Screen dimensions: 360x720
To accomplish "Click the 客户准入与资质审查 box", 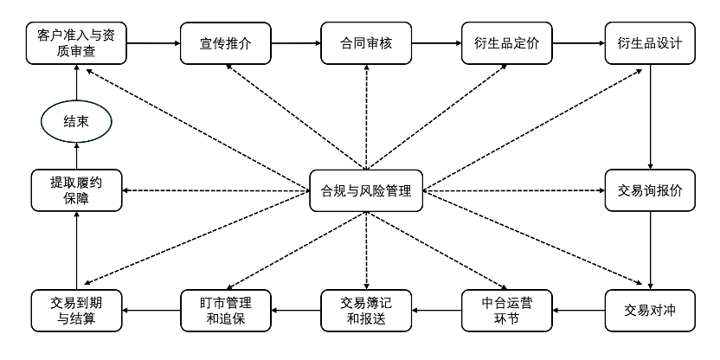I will coord(76,44).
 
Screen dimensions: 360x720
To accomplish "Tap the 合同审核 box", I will coord(367,44).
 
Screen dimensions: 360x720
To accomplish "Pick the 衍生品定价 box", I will coord(507,44).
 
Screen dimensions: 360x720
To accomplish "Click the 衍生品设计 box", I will coord(650,44).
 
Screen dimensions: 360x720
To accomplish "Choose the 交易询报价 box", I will coord(650,191).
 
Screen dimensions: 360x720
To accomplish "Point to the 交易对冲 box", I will coord(650,309).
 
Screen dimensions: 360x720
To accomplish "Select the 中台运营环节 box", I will coord(507,309).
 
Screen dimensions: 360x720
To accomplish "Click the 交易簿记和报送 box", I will coord(367,309).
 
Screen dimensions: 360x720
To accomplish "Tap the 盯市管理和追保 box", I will coord(225,309).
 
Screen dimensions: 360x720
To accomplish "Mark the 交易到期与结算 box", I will coord(76,309).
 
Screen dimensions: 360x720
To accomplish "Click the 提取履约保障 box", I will coord(76,191).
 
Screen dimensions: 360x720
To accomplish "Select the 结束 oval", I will coord(76,122).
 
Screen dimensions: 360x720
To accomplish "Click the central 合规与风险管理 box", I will coord(367,191).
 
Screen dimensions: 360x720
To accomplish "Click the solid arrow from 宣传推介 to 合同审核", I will coord(295,42).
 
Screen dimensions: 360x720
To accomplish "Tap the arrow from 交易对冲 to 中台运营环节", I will coord(578,309).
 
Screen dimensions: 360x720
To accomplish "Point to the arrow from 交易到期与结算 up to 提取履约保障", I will coord(76,250).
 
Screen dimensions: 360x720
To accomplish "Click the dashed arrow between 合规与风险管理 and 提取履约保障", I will coord(216,191).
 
